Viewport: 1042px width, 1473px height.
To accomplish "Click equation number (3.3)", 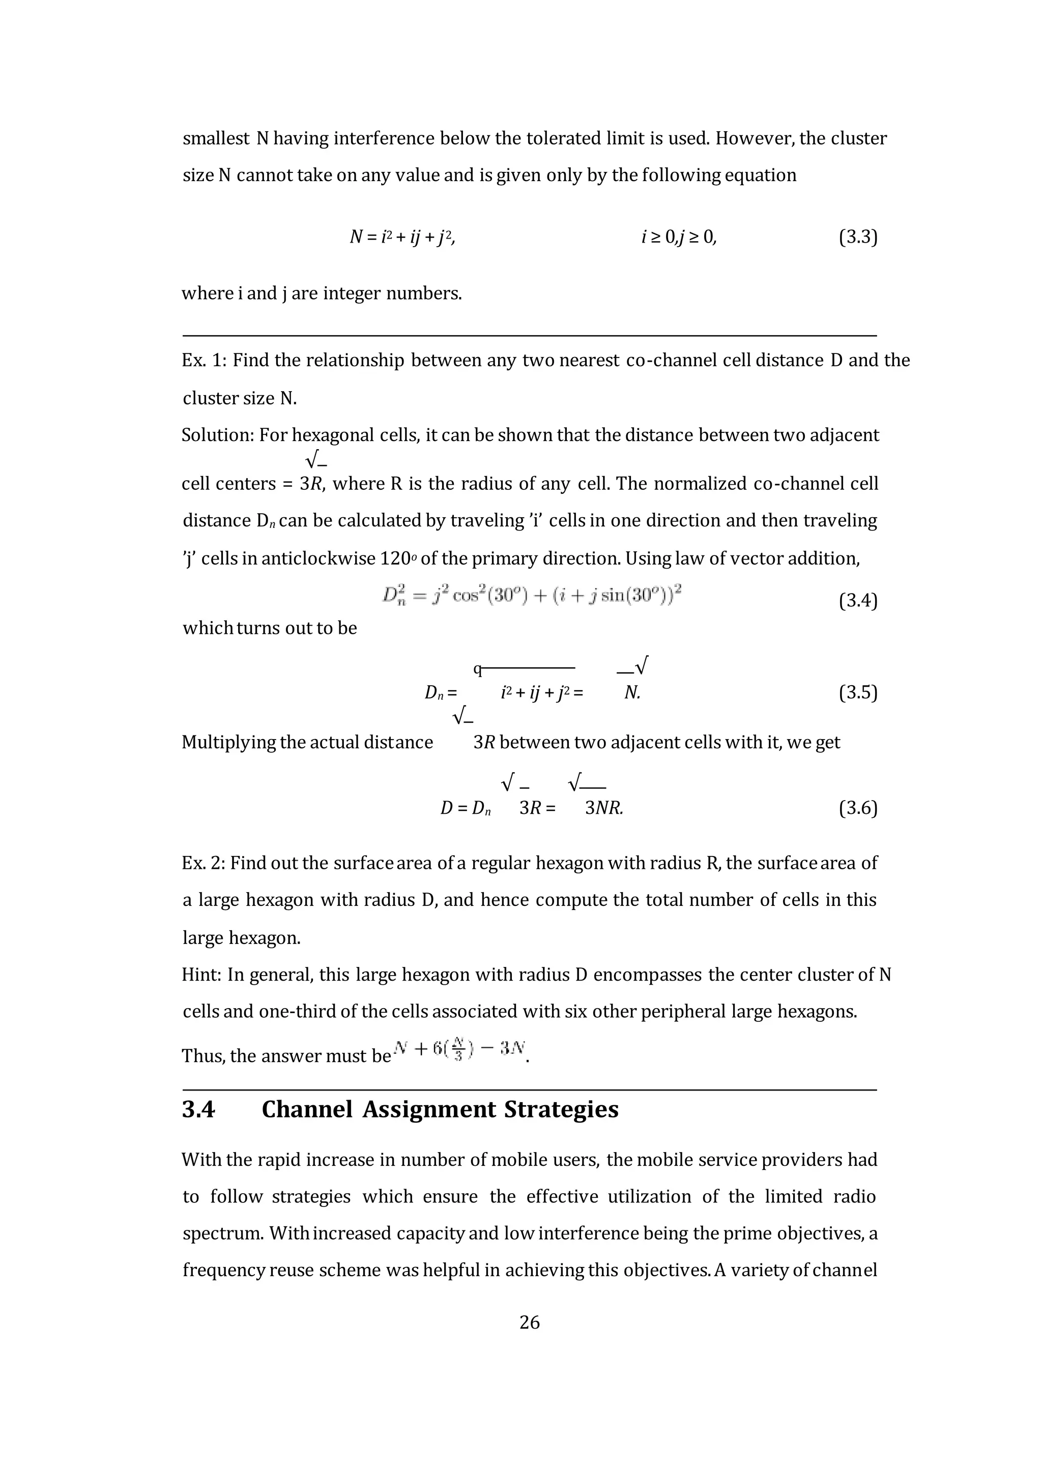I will click(x=857, y=238).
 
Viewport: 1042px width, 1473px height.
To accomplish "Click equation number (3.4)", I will click(x=857, y=601).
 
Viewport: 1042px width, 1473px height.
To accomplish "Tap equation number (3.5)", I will click(x=857, y=693).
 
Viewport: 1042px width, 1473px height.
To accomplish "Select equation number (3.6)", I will click(x=857, y=808).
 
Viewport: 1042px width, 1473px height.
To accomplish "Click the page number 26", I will click(x=529, y=1322).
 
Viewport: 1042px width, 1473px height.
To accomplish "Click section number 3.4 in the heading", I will click(x=198, y=1110).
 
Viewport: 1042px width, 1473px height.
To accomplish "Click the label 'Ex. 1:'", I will click(x=204, y=361).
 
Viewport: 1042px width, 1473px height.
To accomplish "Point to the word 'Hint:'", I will click(x=201, y=975).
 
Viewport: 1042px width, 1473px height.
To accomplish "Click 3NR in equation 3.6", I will click(x=603, y=808).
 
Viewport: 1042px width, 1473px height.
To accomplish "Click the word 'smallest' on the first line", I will click(x=216, y=138).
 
